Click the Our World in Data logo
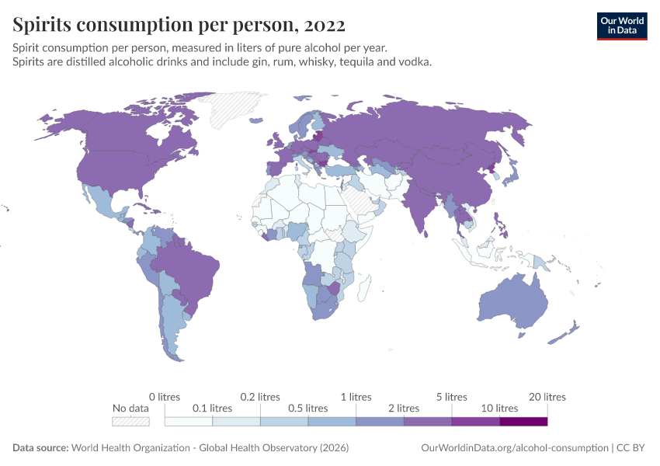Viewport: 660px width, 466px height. tap(622, 26)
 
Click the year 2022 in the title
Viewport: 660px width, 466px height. tap(325, 25)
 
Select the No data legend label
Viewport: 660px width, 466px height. tap(130, 408)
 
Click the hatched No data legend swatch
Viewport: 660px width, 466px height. tap(130, 422)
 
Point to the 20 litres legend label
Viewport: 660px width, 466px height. tap(547, 397)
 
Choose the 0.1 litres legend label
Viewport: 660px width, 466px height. tap(212, 408)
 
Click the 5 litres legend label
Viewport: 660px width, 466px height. tap(452, 397)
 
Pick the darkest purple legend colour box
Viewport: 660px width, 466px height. tap(523, 422)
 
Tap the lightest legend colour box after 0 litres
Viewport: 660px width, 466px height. tap(189, 422)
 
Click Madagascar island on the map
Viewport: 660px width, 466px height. tap(364, 288)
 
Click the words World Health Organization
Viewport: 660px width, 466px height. tap(130, 448)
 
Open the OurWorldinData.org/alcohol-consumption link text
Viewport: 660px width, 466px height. tap(515, 448)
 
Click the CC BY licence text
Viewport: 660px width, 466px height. tap(630, 448)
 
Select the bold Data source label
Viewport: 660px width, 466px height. tap(40, 448)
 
